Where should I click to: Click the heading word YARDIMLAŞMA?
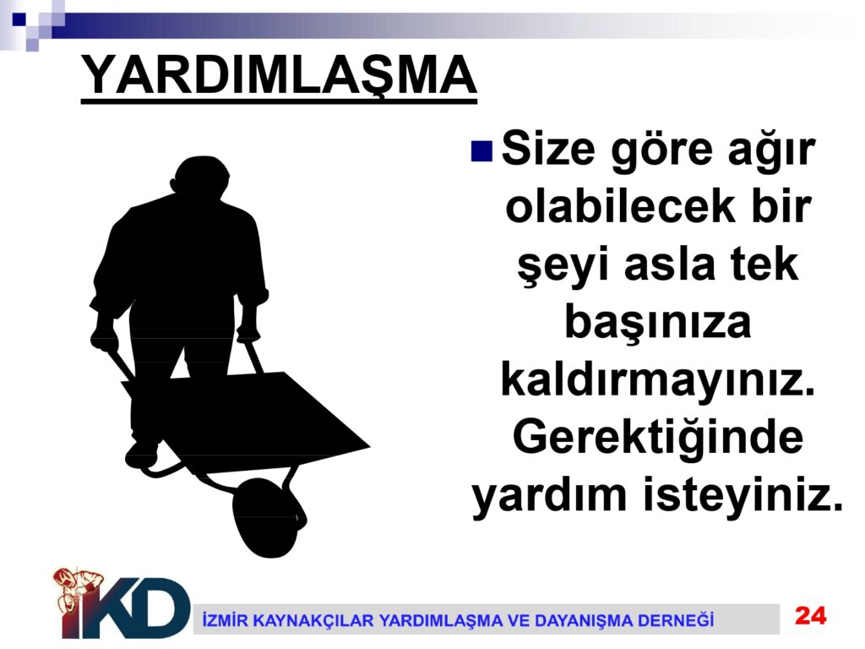pos(279,76)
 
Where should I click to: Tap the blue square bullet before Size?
pos(481,150)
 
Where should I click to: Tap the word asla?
pos(670,264)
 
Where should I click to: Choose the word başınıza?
pos(657,324)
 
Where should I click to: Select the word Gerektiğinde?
pos(657,439)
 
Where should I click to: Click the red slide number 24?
pos(810,615)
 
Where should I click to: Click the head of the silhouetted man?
pos(201,177)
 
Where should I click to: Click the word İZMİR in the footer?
pos(224,619)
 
